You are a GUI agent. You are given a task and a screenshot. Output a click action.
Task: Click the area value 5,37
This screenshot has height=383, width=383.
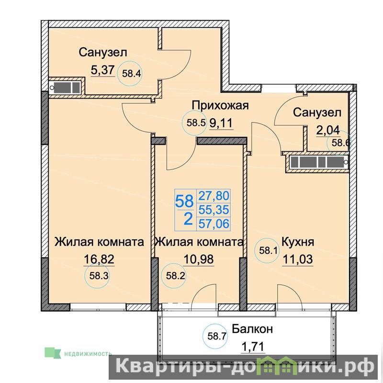tap(102, 70)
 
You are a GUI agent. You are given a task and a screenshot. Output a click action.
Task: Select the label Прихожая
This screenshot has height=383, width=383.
tap(220, 106)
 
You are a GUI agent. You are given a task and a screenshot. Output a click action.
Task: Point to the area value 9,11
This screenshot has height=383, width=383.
tap(221, 123)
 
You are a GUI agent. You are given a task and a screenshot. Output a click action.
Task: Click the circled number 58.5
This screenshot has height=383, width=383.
tap(195, 123)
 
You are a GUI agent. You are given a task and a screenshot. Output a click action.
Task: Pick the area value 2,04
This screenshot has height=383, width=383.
tap(328, 131)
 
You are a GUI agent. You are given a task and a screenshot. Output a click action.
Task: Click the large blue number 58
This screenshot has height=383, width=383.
tap(184, 202)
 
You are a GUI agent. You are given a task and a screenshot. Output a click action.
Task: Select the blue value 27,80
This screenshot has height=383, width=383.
tap(214, 196)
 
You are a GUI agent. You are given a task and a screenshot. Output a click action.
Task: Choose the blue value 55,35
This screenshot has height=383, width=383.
tap(214, 210)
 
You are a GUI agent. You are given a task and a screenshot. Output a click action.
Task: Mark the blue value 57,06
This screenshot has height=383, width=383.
tap(214, 224)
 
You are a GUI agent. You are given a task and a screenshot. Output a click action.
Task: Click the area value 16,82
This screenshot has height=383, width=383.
tap(99, 259)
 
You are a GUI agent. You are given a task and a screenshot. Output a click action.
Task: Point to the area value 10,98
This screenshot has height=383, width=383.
tap(199, 259)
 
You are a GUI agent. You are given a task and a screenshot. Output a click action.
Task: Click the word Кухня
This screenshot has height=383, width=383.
tap(297, 242)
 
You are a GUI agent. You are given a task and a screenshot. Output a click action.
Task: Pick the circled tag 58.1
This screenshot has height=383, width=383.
tap(267, 250)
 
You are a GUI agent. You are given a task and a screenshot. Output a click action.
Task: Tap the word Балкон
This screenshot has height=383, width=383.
tap(252, 329)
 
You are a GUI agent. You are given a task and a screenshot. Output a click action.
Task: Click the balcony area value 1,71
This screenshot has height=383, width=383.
tap(253, 347)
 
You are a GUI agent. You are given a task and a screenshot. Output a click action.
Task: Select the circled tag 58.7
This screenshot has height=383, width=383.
tap(215, 337)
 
